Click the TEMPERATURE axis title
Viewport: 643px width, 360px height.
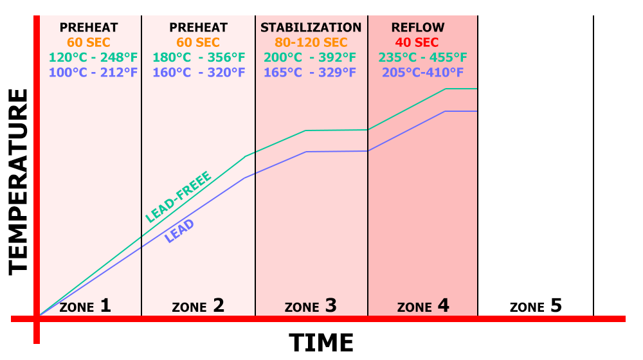(x=19, y=182)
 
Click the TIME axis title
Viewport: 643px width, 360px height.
(x=321, y=343)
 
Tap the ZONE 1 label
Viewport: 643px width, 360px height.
(x=85, y=305)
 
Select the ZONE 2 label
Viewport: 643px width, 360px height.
(x=198, y=305)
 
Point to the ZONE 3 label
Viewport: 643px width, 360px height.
(x=311, y=305)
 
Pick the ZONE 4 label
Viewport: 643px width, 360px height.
(x=423, y=305)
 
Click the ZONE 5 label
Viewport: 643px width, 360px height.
(x=536, y=305)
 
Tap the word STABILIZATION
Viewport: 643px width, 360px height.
(x=311, y=28)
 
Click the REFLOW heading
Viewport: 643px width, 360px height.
(x=418, y=28)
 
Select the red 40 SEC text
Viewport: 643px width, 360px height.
(x=417, y=42)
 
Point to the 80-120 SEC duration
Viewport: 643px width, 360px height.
(x=311, y=42)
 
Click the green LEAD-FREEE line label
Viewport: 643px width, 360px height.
(x=177, y=197)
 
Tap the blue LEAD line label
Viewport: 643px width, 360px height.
(x=179, y=231)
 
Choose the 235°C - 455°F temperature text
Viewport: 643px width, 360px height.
(x=422, y=57)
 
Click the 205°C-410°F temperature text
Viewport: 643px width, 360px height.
(x=422, y=72)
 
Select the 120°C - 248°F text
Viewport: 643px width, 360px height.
(x=93, y=57)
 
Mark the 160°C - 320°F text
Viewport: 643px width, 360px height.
(x=199, y=72)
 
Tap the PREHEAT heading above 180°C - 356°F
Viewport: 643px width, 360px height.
(x=199, y=28)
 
